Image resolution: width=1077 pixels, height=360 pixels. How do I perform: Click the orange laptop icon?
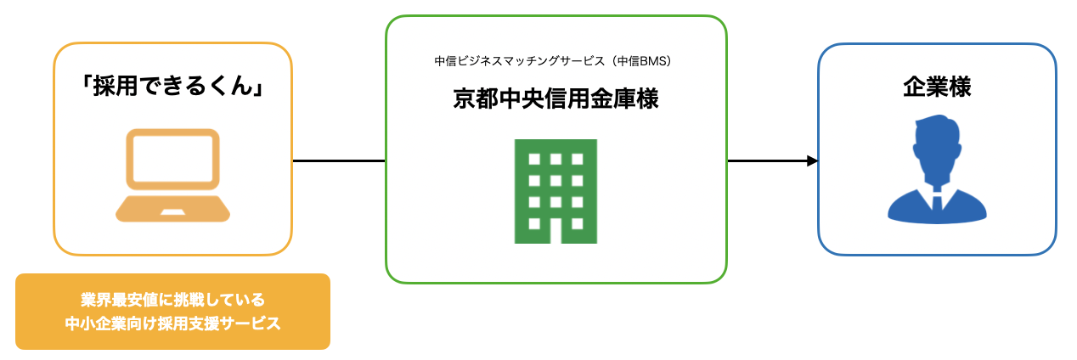click(173, 175)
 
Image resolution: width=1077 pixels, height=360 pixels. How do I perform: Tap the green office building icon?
click(555, 191)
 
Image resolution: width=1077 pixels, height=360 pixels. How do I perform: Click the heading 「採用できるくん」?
click(173, 87)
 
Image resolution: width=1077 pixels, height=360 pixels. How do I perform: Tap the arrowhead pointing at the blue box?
click(812, 160)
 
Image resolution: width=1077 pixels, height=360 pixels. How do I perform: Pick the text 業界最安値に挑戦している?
click(172, 300)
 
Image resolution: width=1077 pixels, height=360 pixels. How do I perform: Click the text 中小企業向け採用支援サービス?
click(172, 323)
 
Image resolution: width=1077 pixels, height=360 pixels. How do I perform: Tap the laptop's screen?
click(173, 157)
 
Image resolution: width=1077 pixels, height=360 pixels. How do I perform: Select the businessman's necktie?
click(937, 203)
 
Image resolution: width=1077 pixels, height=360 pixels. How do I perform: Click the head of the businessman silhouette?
click(937, 140)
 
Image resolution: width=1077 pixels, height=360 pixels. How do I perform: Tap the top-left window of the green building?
click(534, 159)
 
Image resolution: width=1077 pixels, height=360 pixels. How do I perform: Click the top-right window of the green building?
click(577, 159)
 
